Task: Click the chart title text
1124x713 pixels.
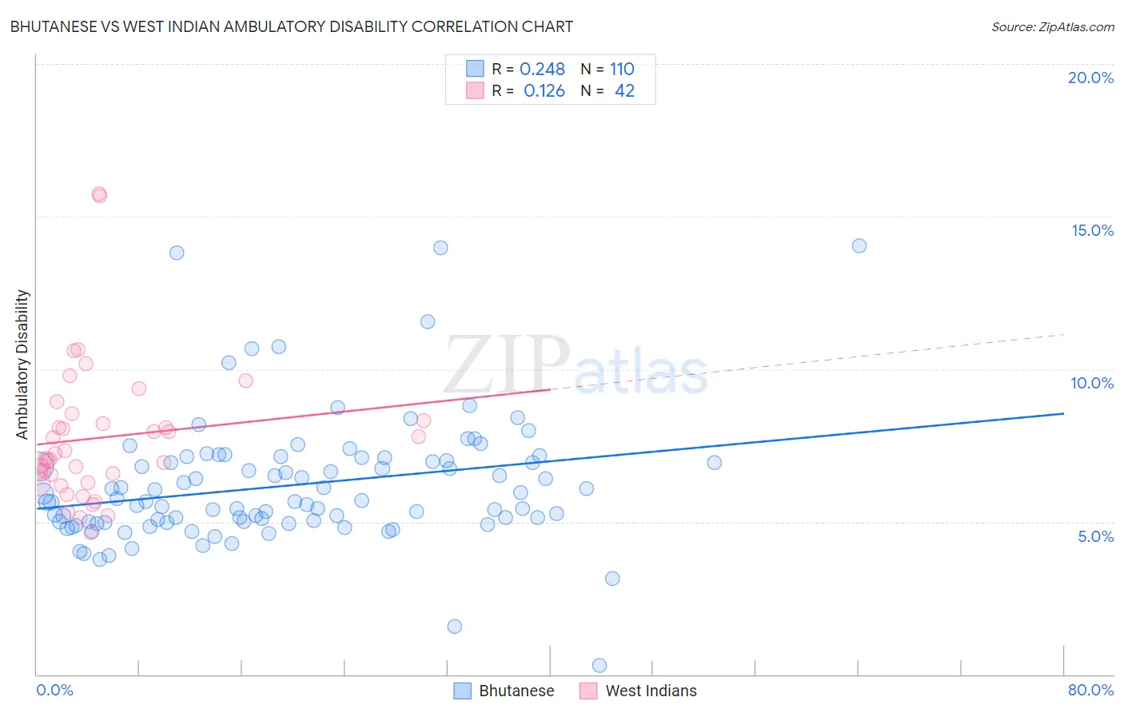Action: click(291, 26)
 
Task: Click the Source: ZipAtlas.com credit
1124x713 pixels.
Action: click(1052, 26)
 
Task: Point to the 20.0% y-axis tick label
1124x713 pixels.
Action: click(1090, 78)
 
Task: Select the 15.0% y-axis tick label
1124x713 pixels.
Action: click(1092, 230)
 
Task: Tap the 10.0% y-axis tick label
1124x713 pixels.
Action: click(1092, 383)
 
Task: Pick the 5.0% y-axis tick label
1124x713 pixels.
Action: click(1095, 536)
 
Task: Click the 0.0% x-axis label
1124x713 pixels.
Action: click(54, 690)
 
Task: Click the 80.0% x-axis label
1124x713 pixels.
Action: click(1090, 690)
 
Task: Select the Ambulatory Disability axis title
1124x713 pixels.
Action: click(22, 364)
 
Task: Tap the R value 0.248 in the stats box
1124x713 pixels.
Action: click(542, 70)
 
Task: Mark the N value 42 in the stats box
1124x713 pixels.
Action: click(624, 91)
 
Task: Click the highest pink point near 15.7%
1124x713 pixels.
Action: click(99, 194)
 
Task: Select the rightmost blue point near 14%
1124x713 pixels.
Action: click(859, 245)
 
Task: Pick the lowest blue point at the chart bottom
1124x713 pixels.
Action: click(600, 665)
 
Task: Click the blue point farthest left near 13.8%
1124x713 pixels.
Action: click(177, 253)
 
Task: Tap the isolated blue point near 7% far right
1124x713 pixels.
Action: click(715, 462)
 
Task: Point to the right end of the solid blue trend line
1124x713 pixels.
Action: click(1063, 413)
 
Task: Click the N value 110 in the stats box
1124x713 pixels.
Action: click(622, 70)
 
